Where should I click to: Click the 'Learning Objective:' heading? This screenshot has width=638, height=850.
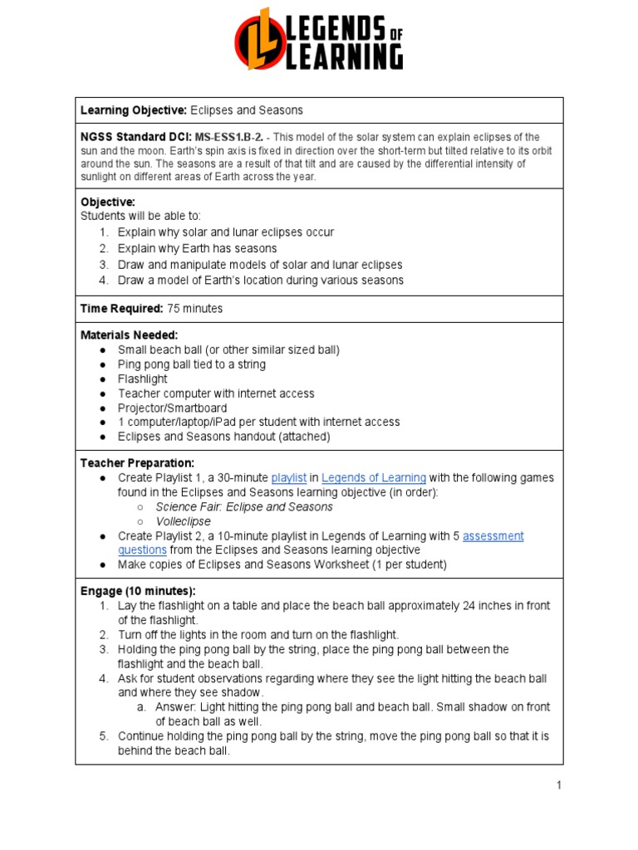134,110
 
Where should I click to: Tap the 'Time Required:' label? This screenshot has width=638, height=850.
121,308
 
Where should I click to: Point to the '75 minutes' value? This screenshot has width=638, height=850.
195,308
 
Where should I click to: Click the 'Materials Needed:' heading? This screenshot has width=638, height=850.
129,335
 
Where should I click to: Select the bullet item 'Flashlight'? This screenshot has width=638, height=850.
142,379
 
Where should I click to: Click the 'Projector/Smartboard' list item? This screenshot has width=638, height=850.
172,408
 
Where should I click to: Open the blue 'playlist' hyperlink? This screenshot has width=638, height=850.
289,478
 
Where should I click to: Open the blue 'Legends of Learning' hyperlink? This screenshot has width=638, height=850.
374,478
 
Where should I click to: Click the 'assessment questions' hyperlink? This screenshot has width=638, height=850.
493,536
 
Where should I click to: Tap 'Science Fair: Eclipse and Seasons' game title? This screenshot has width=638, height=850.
244,507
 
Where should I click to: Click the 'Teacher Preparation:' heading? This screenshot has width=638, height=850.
137,462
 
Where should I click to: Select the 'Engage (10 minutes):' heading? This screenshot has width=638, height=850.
138,591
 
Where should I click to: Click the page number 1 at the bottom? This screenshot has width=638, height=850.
559,785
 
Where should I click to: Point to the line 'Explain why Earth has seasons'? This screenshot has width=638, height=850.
197,248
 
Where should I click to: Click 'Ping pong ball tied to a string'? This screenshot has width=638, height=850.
192,364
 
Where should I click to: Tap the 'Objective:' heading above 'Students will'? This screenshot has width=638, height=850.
108,202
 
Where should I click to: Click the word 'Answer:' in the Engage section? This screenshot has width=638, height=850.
177,707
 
